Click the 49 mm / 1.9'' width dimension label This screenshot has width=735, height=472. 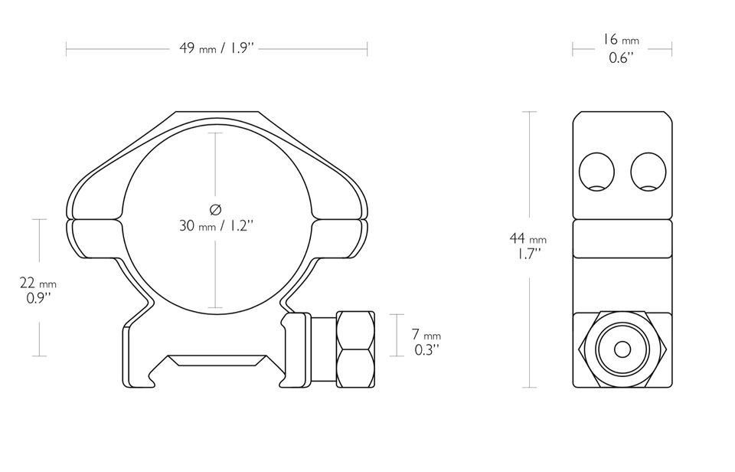(x=217, y=48)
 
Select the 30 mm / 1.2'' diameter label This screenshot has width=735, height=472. (x=216, y=225)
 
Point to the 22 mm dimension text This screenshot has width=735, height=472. (x=38, y=284)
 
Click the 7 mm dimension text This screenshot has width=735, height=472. (x=426, y=336)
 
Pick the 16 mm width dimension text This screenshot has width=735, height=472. (x=620, y=40)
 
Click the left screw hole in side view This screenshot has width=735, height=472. (x=596, y=171)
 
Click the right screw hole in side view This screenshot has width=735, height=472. (x=648, y=171)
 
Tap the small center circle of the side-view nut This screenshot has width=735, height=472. (x=622, y=349)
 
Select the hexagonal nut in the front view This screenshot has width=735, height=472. (x=354, y=349)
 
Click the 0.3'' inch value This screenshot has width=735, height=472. (x=426, y=350)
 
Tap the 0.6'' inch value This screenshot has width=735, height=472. (x=620, y=57)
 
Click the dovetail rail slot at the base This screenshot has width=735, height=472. (x=217, y=365)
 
